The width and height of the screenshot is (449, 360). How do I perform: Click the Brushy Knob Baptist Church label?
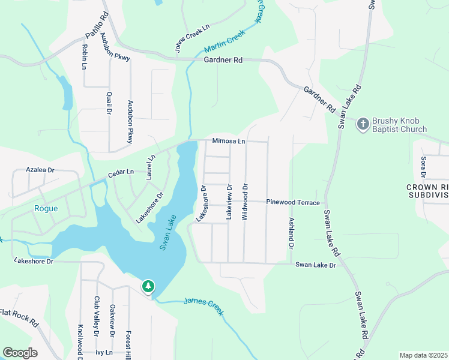coord(399,125)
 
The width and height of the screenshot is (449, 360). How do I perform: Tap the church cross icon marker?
coord(363,124)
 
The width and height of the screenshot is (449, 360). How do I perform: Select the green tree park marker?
coord(148,286)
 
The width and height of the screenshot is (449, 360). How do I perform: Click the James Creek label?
coord(203,306)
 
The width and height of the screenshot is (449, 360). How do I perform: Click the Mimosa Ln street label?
coord(229,142)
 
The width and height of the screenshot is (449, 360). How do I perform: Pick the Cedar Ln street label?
coord(121,173)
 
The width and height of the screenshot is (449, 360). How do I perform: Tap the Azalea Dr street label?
coord(40,170)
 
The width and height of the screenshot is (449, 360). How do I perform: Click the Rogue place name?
coord(46,209)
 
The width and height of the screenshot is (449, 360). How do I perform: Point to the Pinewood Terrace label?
coord(293,203)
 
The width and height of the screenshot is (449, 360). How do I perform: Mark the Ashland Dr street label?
coord(291,233)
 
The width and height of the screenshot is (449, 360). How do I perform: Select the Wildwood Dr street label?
coord(245,202)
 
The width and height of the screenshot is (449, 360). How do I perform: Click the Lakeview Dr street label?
coord(229,202)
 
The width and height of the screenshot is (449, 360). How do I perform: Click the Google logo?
coord(20,353)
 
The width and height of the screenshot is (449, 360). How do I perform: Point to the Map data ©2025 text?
coord(423,355)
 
